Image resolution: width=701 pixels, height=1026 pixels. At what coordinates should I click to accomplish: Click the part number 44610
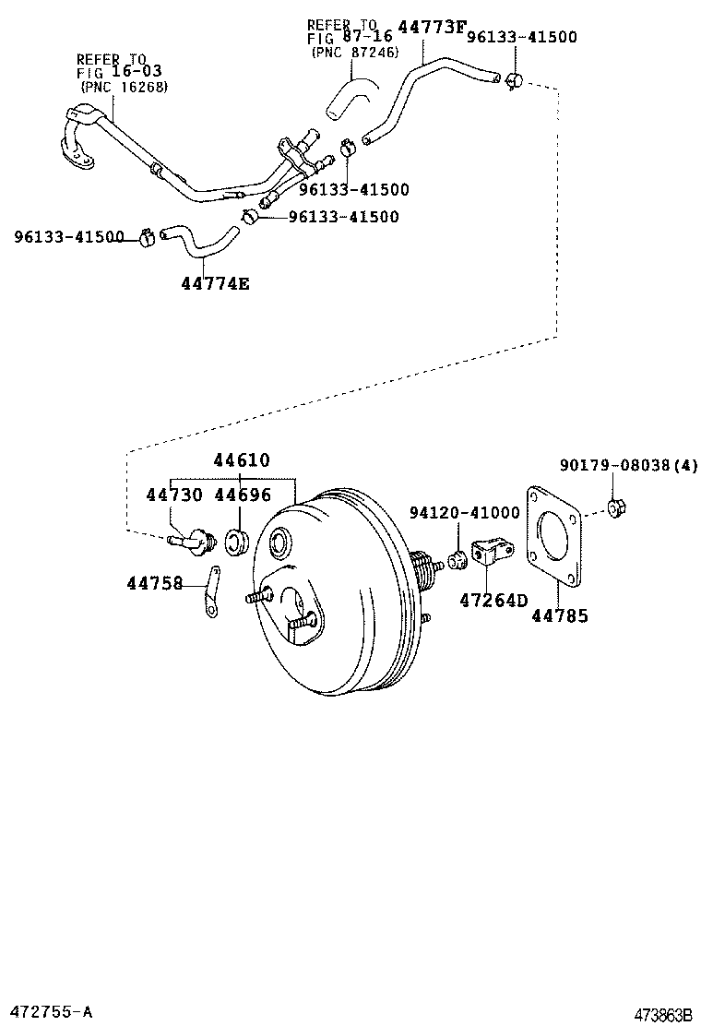click(242, 460)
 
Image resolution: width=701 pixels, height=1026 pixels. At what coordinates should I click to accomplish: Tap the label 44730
click(174, 495)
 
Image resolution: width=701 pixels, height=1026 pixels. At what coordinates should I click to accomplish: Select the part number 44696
click(243, 495)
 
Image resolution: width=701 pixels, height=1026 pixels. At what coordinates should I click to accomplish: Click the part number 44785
click(559, 615)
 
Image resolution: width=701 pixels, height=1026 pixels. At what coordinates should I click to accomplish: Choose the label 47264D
click(493, 601)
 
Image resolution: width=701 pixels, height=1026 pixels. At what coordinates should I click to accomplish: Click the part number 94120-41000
click(465, 512)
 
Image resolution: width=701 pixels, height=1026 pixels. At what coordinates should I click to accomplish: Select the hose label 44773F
click(431, 28)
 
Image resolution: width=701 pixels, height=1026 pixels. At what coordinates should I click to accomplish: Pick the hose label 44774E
click(215, 283)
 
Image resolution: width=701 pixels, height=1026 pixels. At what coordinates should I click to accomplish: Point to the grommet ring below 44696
click(237, 541)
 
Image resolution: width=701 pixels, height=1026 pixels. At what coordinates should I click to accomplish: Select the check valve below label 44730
click(193, 540)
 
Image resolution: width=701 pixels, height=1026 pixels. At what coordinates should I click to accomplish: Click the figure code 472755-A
click(48, 1011)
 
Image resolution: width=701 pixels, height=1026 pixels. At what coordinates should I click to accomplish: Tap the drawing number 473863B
click(662, 1015)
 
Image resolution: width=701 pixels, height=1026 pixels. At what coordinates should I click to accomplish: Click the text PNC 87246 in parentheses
click(353, 53)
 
